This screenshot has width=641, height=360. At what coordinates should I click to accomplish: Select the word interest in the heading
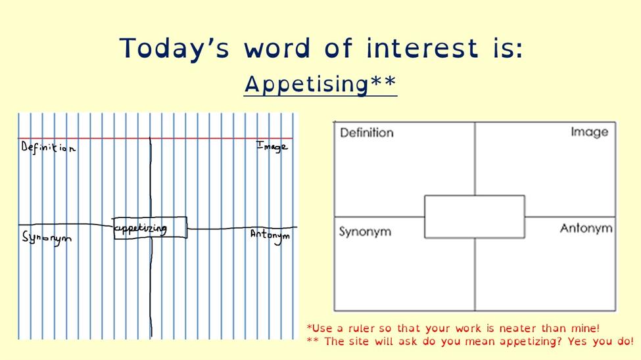tap(422, 47)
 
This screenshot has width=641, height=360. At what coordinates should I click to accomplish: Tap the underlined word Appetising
tap(306, 85)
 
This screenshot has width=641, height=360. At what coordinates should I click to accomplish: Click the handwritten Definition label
tap(48, 147)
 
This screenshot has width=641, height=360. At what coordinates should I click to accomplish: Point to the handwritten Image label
tap(272, 146)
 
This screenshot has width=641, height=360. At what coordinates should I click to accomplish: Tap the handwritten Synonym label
tap(47, 238)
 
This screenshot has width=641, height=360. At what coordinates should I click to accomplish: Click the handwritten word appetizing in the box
tap(140, 229)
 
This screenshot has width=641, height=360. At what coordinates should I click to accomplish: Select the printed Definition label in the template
tap(367, 133)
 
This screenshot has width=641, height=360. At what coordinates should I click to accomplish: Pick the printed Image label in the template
tap(590, 133)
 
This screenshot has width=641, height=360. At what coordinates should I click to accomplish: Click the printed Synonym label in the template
tap(365, 232)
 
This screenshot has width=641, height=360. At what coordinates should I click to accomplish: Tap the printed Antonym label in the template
tap(586, 229)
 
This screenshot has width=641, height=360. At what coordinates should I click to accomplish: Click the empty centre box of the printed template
tap(475, 217)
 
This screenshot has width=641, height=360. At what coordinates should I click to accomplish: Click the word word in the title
tap(277, 47)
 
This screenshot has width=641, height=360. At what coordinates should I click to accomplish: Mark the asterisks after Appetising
tap(383, 81)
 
